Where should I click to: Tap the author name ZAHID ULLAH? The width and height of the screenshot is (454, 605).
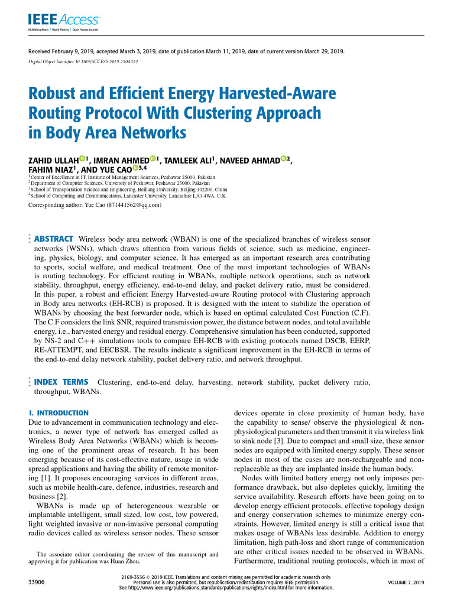(53, 161)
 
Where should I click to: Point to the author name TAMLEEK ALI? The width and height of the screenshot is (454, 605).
(189, 161)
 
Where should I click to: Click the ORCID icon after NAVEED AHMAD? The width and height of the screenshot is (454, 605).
(284, 158)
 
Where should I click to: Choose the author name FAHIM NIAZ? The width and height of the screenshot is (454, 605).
(50, 170)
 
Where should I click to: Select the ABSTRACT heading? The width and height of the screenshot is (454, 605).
(54, 239)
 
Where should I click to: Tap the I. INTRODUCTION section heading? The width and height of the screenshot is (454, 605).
(59, 413)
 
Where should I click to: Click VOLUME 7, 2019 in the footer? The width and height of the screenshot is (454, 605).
(406, 583)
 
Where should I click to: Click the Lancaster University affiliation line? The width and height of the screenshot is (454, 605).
(127, 194)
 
